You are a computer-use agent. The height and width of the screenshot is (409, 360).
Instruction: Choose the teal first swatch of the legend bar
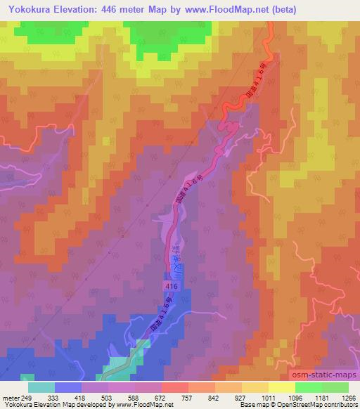41,387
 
